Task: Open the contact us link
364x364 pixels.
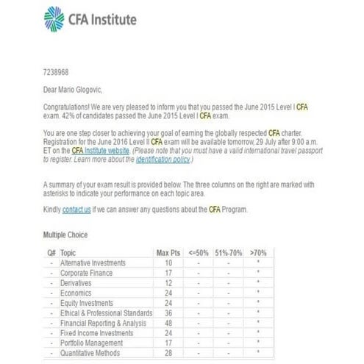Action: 77,210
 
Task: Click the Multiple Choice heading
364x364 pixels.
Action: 65,235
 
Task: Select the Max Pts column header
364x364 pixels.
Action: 169,252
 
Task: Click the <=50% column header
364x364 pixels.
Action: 199,252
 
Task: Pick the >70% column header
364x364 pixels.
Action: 257,252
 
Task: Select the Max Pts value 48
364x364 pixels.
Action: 168,323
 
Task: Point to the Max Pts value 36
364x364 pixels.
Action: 168,313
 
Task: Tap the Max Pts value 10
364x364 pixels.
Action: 168,262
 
